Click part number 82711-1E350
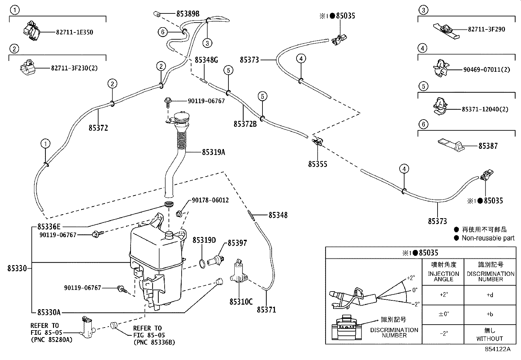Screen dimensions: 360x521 [x=74, y=32]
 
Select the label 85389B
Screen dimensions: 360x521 [x=188, y=13]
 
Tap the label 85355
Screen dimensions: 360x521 [x=317, y=164]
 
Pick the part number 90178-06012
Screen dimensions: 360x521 [x=210, y=200]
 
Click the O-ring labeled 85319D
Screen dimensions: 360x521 [x=203, y=263]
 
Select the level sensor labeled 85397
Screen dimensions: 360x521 [x=219, y=257]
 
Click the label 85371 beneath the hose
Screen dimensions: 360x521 [x=266, y=309]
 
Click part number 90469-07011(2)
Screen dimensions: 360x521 [x=486, y=69]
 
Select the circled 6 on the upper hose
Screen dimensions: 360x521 [x=163, y=32]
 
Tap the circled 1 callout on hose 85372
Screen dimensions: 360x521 [x=45, y=143]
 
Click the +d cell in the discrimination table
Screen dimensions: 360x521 [x=490, y=295]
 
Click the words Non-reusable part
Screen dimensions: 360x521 [x=488, y=238]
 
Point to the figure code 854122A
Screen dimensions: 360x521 [x=497, y=349]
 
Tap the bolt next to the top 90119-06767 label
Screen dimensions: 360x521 [x=168, y=101]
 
